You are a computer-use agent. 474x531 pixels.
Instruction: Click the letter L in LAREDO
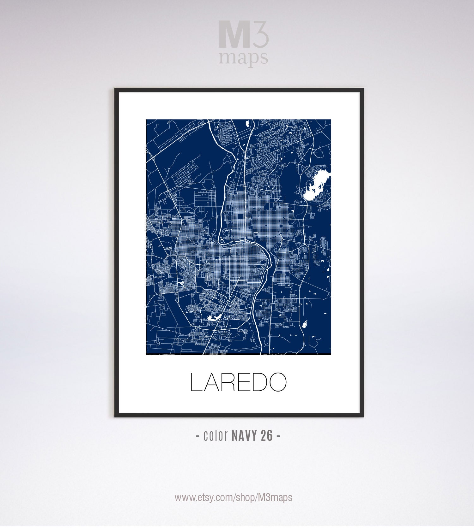coord(196,382)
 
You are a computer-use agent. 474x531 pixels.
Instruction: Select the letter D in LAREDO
coord(255,382)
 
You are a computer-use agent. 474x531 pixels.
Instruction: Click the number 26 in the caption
coord(267,436)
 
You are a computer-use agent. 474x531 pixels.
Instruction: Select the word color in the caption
coord(216,436)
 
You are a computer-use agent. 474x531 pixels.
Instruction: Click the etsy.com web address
coord(234,498)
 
